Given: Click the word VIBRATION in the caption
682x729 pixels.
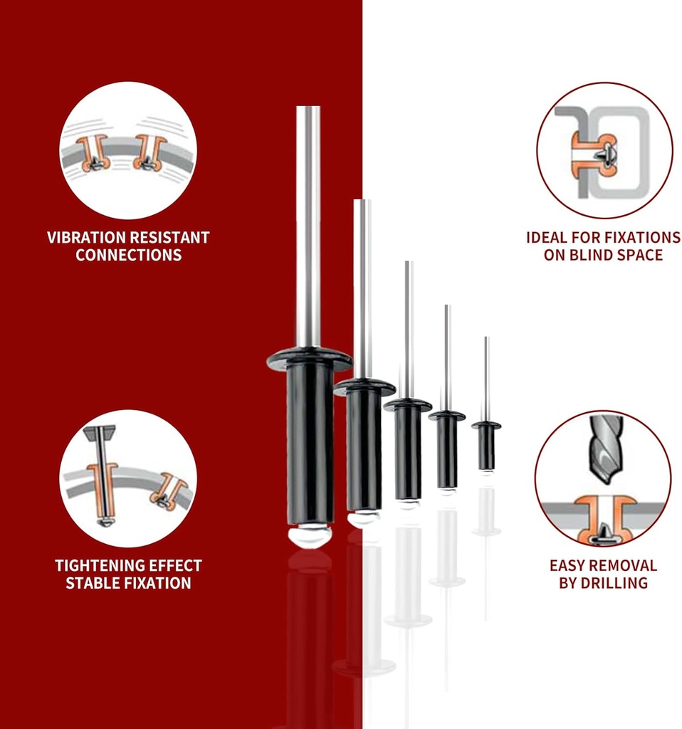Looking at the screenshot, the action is pyautogui.click(x=86, y=238).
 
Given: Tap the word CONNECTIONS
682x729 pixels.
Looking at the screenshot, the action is pyautogui.click(x=128, y=256).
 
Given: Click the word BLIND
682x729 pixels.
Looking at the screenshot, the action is pyautogui.click(x=590, y=256).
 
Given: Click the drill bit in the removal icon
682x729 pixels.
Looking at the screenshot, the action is pyautogui.click(x=607, y=449).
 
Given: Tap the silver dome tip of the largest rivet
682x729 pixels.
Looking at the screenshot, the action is pyautogui.click(x=310, y=536).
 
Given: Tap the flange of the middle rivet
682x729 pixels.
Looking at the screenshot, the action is pyautogui.click(x=408, y=404).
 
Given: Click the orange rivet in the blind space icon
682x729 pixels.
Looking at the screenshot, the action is pyautogui.click(x=593, y=154).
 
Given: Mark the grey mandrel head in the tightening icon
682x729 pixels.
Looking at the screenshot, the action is pyautogui.click(x=100, y=434).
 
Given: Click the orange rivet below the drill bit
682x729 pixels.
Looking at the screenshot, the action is pyautogui.click(x=604, y=518).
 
